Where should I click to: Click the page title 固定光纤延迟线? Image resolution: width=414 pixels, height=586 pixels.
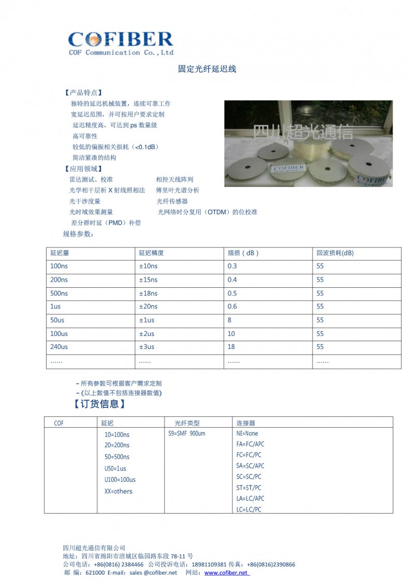(207, 69)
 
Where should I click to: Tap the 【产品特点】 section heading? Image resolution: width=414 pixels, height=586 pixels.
(83, 92)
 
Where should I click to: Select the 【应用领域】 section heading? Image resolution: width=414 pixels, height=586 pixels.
(83, 168)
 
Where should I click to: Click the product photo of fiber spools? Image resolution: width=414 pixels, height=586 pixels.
(308, 143)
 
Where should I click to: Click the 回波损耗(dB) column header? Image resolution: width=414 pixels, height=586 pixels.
(335, 253)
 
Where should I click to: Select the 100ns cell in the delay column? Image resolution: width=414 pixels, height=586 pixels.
(59, 266)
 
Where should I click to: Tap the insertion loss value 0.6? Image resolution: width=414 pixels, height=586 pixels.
(232, 306)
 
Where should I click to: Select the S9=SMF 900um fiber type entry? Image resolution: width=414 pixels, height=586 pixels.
(187, 433)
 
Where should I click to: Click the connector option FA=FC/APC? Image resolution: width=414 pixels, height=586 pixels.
(250, 444)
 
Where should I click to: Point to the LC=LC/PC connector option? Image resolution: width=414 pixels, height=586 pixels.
(248, 509)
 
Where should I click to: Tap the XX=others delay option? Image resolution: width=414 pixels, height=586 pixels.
(118, 491)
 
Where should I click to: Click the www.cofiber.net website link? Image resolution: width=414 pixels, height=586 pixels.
(227, 573)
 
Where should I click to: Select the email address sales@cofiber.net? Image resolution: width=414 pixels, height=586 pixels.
(153, 573)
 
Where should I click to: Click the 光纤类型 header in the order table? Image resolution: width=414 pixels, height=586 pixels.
(187, 423)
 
